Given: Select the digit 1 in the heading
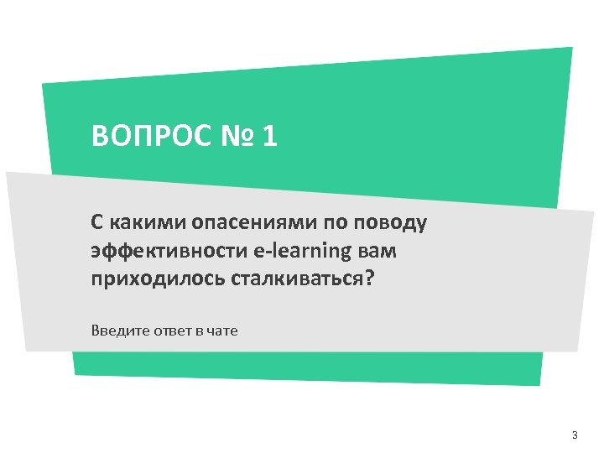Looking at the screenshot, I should (269, 136).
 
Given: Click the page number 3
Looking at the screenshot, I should (574, 435).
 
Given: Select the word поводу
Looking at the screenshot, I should (393, 224).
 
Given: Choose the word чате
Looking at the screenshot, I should (222, 331).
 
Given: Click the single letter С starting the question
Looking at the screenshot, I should (97, 223).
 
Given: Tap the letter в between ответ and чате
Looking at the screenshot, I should (200, 331).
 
